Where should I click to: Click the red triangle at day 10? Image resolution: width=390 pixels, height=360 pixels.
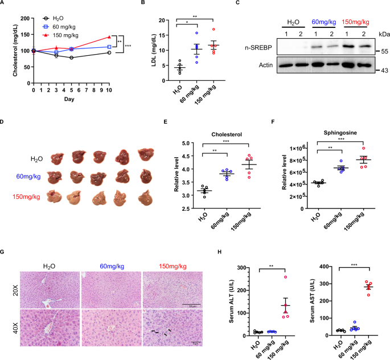click(x=109, y=37)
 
